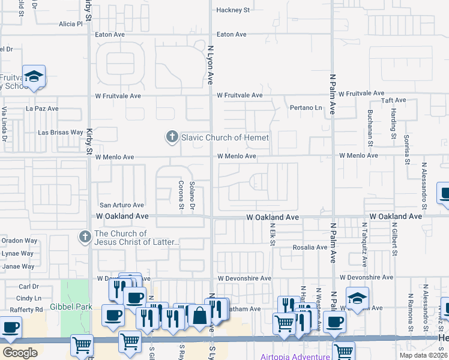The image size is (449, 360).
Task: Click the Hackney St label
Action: click(x=233, y=10)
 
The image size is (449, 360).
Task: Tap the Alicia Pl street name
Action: click(x=70, y=24)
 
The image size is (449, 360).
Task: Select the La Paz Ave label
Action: click(x=42, y=109)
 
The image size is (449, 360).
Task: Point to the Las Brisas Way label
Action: click(x=61, y=132)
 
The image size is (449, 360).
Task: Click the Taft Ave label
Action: click(x=379, y=101)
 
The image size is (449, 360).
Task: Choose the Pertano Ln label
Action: click(x=306, y=108)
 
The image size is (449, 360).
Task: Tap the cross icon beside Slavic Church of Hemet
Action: click(x=172, y=137)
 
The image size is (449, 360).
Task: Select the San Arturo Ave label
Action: click(x=122, y=205)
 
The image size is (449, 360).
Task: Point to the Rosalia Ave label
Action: click(x=310, y=247)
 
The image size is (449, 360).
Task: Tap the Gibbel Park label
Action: click(x=76, y=307)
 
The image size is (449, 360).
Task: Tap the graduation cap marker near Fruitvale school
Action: click(x=34, y=76)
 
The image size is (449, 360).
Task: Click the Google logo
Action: click(x=20, y=352)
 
